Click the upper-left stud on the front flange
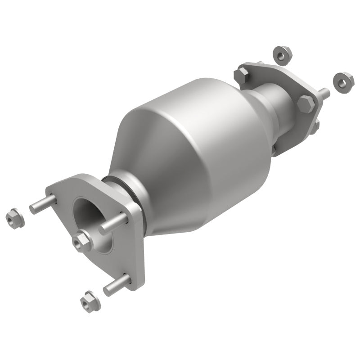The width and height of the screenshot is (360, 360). [x=43, y=203]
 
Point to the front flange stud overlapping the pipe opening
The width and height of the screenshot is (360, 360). [x=113, y=223]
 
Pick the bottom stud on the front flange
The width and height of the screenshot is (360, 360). [x=117, y=285]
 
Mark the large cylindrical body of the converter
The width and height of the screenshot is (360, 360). [x=211, y=135]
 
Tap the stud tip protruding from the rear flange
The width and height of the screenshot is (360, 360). [x=324, y=93]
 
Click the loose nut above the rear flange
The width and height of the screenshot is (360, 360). [x=283, y=55]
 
